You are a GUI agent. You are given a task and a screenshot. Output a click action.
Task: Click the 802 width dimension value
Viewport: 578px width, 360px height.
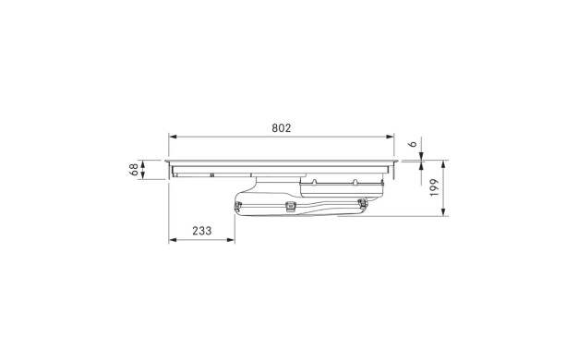click(x=282, y=128)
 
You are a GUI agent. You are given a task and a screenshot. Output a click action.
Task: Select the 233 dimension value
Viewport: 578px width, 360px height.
click(x=202, y=231)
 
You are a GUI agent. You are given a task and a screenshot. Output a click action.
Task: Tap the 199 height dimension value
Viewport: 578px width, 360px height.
click(x=434, y=187)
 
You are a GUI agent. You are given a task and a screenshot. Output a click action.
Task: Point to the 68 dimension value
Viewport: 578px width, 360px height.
click(x=134, y=170)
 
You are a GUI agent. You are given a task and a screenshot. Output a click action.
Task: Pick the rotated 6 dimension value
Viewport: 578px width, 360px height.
click(x=414, y=144)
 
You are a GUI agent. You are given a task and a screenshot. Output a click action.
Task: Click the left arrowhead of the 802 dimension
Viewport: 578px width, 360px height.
click(x=173, y=137)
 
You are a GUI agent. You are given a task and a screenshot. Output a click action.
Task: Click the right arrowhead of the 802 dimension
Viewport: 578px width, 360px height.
click(x=390, y=137)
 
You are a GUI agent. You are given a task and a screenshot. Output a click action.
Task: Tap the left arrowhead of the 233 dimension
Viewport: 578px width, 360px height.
click(x=173, y=240)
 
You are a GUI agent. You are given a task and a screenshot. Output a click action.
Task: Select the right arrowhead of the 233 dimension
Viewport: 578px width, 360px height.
click(x=231, y=240)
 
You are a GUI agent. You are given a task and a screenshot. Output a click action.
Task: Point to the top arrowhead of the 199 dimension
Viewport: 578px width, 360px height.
click(x=443, y=164)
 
